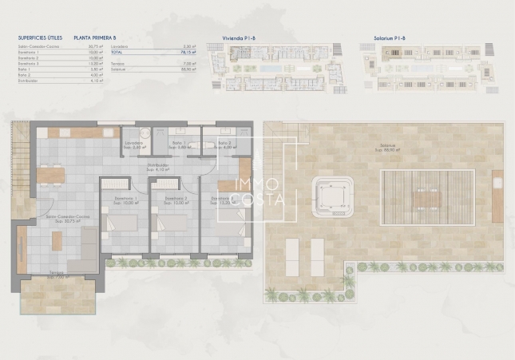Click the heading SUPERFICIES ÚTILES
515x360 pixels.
39,37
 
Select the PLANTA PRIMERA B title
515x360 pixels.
95,37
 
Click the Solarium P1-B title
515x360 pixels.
390,37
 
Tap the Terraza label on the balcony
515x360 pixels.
57,276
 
